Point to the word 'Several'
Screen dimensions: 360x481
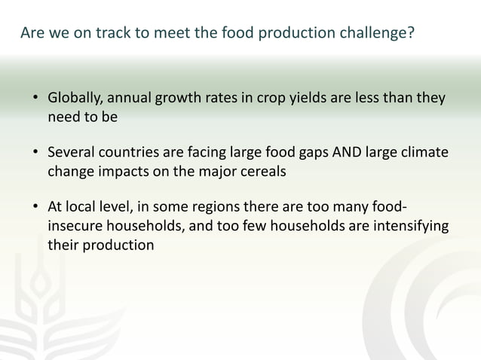click(72, 153)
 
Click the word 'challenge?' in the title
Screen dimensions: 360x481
click(375, 34)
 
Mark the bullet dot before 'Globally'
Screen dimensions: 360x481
click(35, 99)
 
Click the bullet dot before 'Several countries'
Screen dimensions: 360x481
click(35, 154)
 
